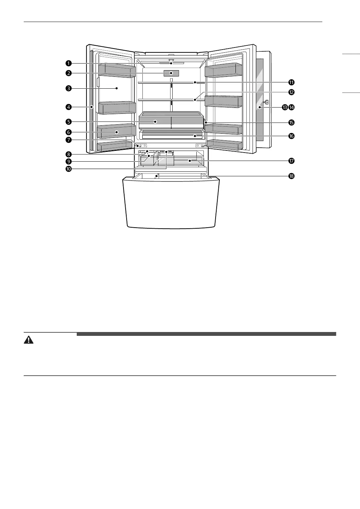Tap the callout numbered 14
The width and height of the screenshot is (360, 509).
point(291,107)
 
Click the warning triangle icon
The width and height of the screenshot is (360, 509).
point(29,340)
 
